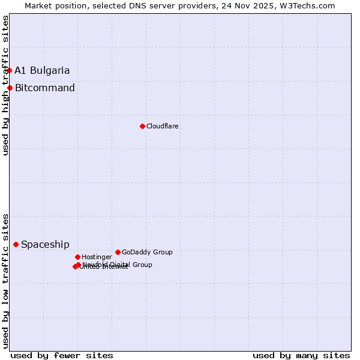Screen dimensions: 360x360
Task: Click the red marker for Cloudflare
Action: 142,126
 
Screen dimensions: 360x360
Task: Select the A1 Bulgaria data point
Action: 9,70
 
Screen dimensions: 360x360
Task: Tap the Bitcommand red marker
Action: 10,88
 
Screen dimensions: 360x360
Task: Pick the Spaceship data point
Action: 16,244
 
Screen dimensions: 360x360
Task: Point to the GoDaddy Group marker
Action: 118,252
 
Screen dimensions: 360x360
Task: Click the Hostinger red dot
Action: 77,257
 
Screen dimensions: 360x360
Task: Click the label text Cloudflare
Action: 163,126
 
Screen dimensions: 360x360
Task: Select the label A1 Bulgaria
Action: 42,70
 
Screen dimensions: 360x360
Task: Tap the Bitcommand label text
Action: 45,88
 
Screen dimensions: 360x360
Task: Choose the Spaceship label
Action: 45,245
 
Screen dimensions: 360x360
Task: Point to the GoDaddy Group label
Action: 147,252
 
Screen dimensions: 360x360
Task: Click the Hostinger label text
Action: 97,257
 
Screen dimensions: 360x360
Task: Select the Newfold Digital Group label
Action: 118,264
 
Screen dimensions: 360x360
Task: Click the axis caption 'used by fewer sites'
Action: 62,355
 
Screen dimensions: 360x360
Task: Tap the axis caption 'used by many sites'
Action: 301,355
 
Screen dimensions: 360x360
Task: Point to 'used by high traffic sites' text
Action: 6,85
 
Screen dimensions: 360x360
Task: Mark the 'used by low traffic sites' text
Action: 6,280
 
